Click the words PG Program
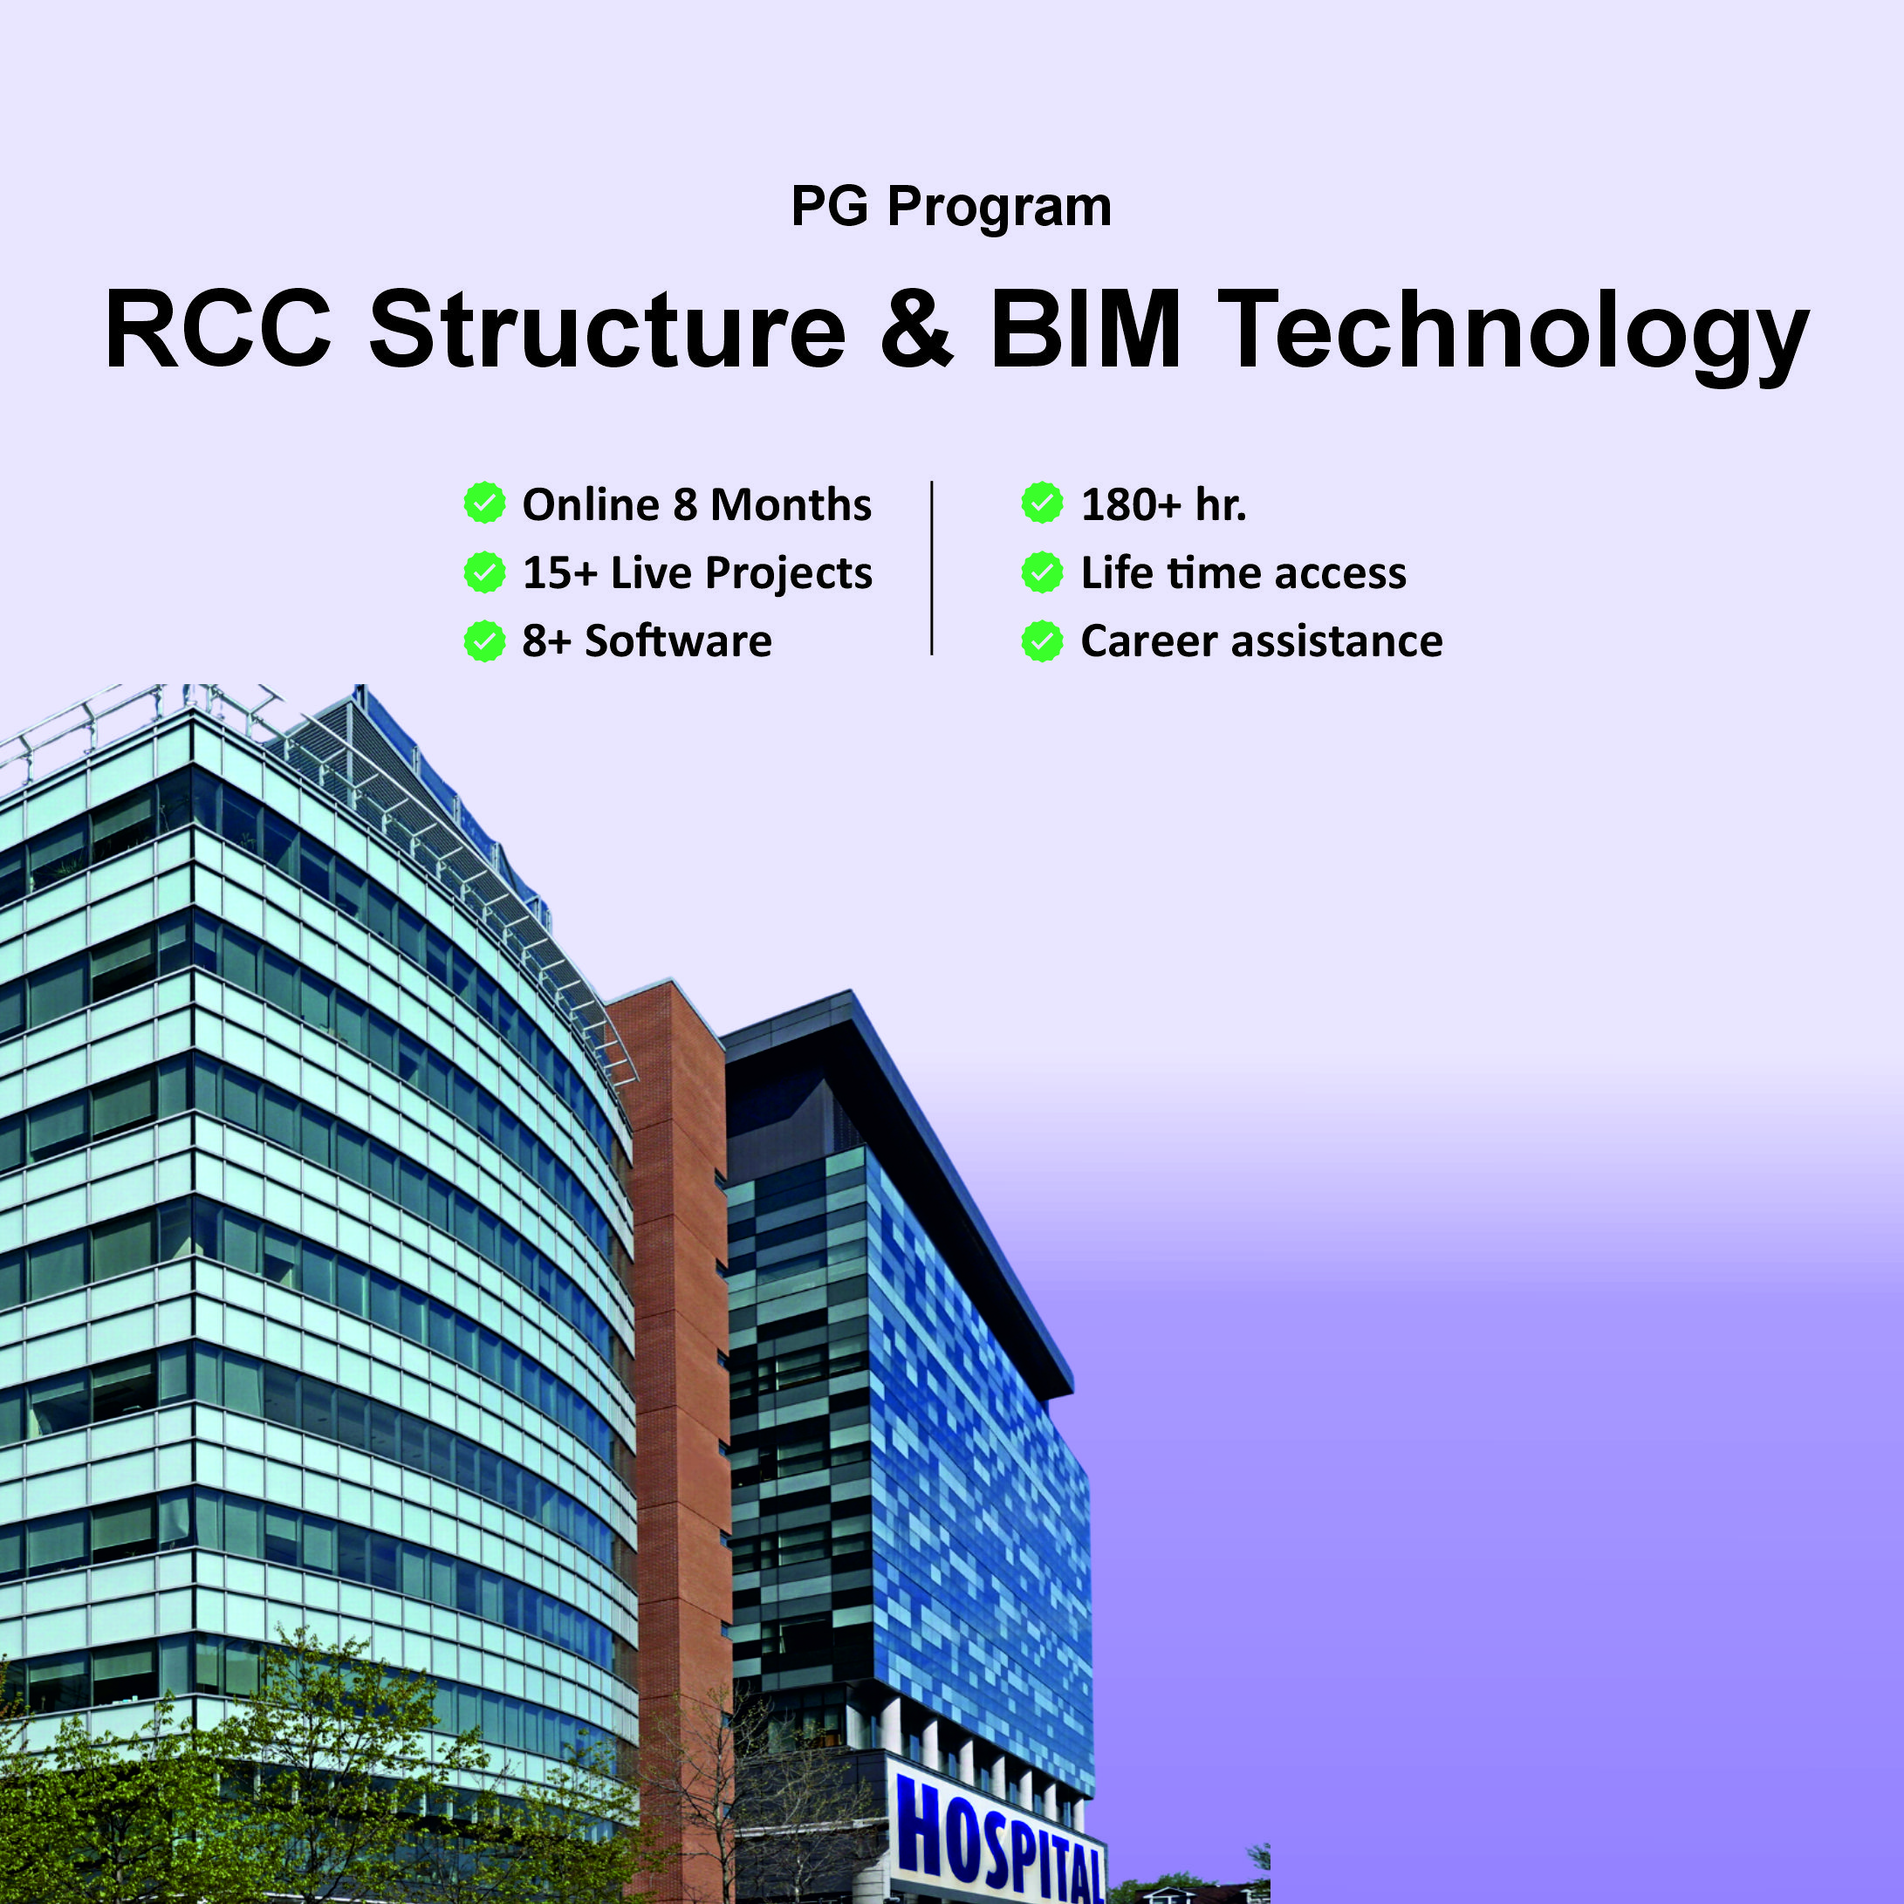click(x=951, y=208)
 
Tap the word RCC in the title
click(x=218, y=329)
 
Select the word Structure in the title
click(x=607, y=329)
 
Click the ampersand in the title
click(x=916, y=329)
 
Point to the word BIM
click(x=1086, y=329)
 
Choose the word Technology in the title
click(x=1514, y=335)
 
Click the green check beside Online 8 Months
click(x=485, y=503)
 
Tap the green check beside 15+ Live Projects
click(x=485, y=572)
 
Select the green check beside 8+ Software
click(x=485, y=640)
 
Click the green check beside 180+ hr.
click(x=1043, y=503)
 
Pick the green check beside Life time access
click(x=1043, y=572)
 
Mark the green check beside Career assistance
click(x=1043, y=640)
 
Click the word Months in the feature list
click(x=791, y=504)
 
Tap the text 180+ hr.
click(x=1164, y=504)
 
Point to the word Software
click(x=679, y=640)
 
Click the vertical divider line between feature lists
click(x=931, y=568)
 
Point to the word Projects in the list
click(x=789, y=574)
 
